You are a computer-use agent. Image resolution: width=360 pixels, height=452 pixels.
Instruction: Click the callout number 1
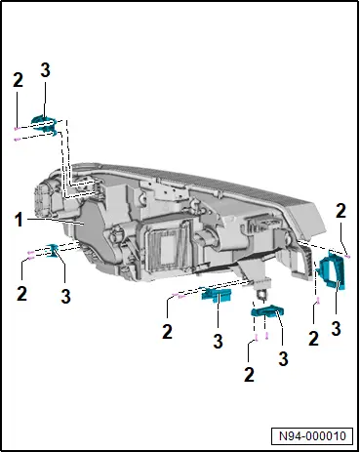(x=20, y=220)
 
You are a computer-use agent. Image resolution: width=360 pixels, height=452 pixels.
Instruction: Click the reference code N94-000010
(x=312, y=435)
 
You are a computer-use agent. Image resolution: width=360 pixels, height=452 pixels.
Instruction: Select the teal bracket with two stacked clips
(x=45, y=125)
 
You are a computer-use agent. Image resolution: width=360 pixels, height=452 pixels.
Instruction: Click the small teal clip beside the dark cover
(x=53, y=251)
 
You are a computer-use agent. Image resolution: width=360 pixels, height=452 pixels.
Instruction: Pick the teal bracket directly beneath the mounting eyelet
(x=267, y=311)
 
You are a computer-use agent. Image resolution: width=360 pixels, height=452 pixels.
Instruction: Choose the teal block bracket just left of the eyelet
(x=217, y=295)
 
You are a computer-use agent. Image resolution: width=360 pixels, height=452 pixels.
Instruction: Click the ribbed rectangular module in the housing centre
(x=167, y=246)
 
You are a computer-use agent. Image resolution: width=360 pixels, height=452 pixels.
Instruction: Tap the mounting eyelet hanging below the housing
(x=261, y=294)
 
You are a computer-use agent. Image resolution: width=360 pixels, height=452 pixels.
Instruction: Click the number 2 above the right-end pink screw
(x=340, y=211)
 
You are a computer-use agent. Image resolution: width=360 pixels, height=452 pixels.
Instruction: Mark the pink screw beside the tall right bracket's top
(x=347, y=257)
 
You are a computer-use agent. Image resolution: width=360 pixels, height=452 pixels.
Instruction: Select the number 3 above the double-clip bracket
(x=45, y=70)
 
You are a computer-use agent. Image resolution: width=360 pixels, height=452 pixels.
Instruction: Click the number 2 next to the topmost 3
(x=18, y=80)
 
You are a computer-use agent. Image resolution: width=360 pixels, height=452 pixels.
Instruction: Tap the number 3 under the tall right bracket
(x=336, y=329)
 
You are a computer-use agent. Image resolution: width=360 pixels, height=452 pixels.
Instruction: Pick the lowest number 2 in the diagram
(x=249, y=375)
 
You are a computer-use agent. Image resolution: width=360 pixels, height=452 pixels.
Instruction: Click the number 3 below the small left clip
(x=65, y=297)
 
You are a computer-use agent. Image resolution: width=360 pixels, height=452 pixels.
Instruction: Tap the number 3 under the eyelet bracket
(x=284, y=358)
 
